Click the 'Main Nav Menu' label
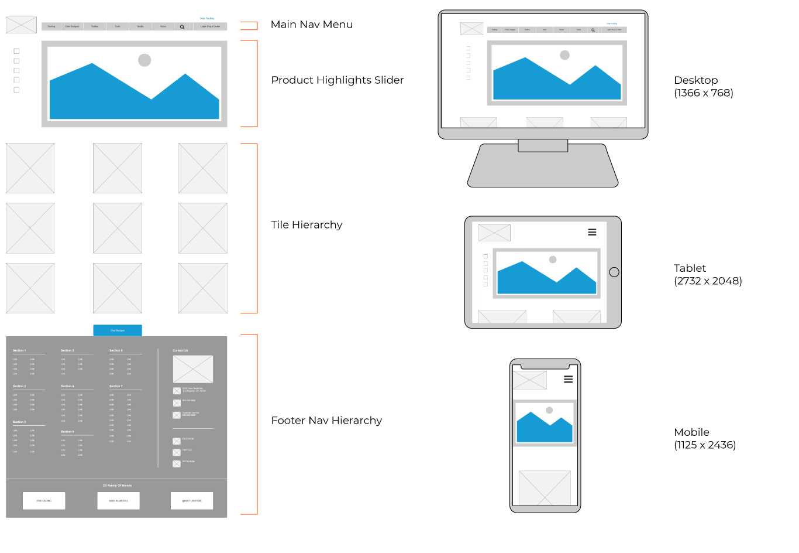point(311,25)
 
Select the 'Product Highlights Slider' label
point(337,80)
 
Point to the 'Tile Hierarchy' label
point(306,225)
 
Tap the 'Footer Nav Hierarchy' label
point(326,421)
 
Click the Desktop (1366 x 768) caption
point(703,87)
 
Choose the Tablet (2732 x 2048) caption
point(707,275)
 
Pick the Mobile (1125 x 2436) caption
point(704,439)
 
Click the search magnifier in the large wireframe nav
point(182,27)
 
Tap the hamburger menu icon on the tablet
point(592,233)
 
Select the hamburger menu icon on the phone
point(568,380)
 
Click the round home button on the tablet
point(614,272)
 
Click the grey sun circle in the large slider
point(144,60)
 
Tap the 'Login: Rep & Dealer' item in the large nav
point(210,26)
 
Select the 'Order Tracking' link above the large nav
point(207,19)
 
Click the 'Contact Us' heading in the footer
point(180,350)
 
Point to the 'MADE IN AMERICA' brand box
point(118,501)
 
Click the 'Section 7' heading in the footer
point(116,387)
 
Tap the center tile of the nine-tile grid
point(118,228)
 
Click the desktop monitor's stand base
point(542,167)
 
